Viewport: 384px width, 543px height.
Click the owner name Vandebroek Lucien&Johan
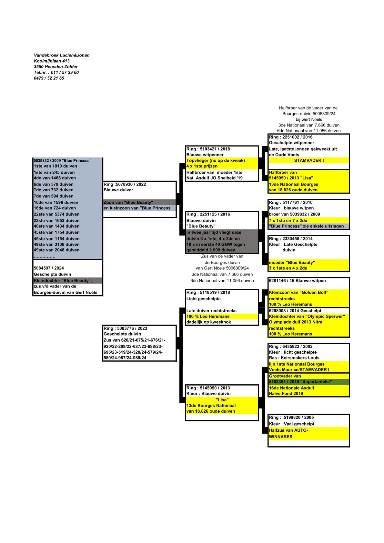pyautogui.click(x=62, y=55)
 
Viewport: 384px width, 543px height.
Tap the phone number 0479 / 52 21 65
pyautogui.click(x=49, y=78)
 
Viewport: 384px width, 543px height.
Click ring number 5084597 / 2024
pyautogui.click(x=49, y=268)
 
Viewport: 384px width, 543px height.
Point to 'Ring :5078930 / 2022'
pyautogui.click(x=125, y=184)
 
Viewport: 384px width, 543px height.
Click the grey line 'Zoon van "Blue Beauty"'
pyautogui.click(x=128, y=202)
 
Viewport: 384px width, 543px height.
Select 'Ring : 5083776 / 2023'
pyautogui.click(x=125, y=328)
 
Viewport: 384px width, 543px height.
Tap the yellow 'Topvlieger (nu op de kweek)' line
pyautogui.click(x=216, y=160)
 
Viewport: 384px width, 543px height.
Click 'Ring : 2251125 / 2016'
pyautogui.click(x=208, y=214)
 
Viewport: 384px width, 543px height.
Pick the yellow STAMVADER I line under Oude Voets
pyautogui.click(x=309, y=160)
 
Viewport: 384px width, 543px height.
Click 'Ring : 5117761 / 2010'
pyautogui.click(x=291, y=202)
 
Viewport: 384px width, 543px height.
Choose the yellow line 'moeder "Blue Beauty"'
pyautogui.click(x=292, y=262)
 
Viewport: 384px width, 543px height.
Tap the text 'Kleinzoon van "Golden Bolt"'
pyautogui.click(x=298, y=292)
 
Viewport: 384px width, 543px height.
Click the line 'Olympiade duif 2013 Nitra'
pyautogui.click(x=296, y=322)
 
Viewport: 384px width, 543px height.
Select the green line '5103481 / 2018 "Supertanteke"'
pyautogui.click(x=300, y=382)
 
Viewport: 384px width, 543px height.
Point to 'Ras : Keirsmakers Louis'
pyautogui.click(x=294, y=358)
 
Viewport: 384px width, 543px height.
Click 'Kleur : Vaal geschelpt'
pyautogui.click(x=292, y=424)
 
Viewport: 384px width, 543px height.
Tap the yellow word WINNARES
pyautogui.click(x=281, y=437)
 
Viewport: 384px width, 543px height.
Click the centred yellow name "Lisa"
pyautogui.click(x=222, y=400)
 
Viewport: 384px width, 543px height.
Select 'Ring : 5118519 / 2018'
pyautogui.click(x=208, y=292)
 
